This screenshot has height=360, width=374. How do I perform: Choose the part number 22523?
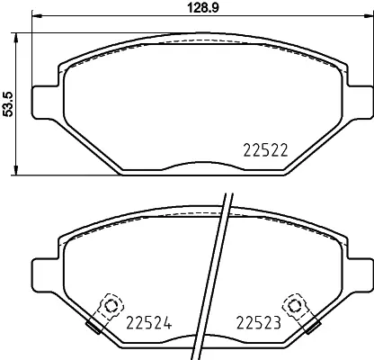click(259, 321)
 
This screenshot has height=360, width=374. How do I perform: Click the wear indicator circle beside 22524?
click(111, 305)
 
